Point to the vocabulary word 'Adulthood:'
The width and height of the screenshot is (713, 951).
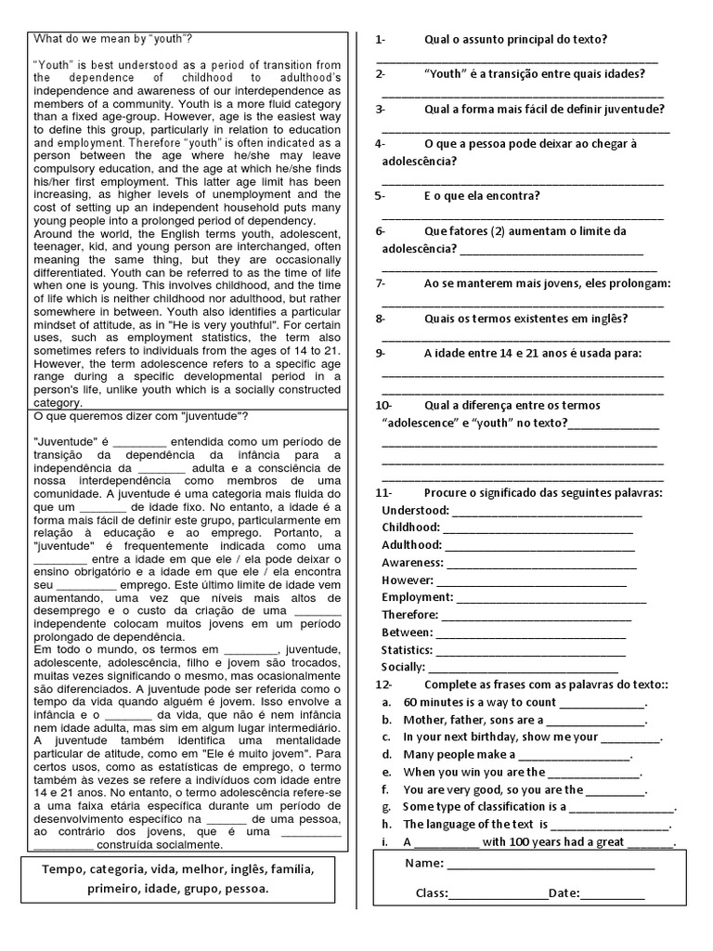click(411, 545)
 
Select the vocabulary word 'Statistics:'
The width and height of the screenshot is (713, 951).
click(408, 649)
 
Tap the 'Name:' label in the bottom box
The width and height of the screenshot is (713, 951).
click(423, 864)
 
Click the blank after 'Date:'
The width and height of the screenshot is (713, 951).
click(613, 893)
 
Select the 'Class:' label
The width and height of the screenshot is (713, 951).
click(432, 893)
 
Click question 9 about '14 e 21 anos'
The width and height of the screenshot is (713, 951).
click(532, 353)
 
